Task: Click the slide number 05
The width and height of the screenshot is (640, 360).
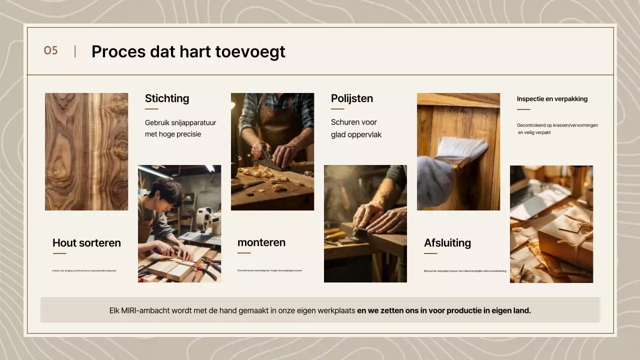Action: [x=50, y=51]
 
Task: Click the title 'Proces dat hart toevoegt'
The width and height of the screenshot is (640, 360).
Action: [x=188, y=51]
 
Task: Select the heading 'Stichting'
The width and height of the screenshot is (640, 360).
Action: [x=167, y=98]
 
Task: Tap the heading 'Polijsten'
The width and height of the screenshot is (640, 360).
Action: [x=352, y=98]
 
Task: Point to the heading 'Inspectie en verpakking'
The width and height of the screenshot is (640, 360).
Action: [x=552, y=99]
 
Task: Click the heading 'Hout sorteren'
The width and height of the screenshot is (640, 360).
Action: [x=86, y=243]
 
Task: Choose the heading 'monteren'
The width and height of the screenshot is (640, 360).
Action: [x=261, y=242]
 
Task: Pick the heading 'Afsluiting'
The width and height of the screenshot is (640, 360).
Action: [x=447, y=243]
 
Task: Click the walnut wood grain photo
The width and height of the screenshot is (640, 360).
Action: [x=86, y=151]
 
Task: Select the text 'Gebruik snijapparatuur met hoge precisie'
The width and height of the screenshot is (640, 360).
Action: [x=180, y=128]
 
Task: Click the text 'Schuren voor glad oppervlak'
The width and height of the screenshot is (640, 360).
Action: [x=356, y=128]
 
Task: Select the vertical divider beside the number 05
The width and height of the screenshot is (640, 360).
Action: [x=75, y=51]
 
